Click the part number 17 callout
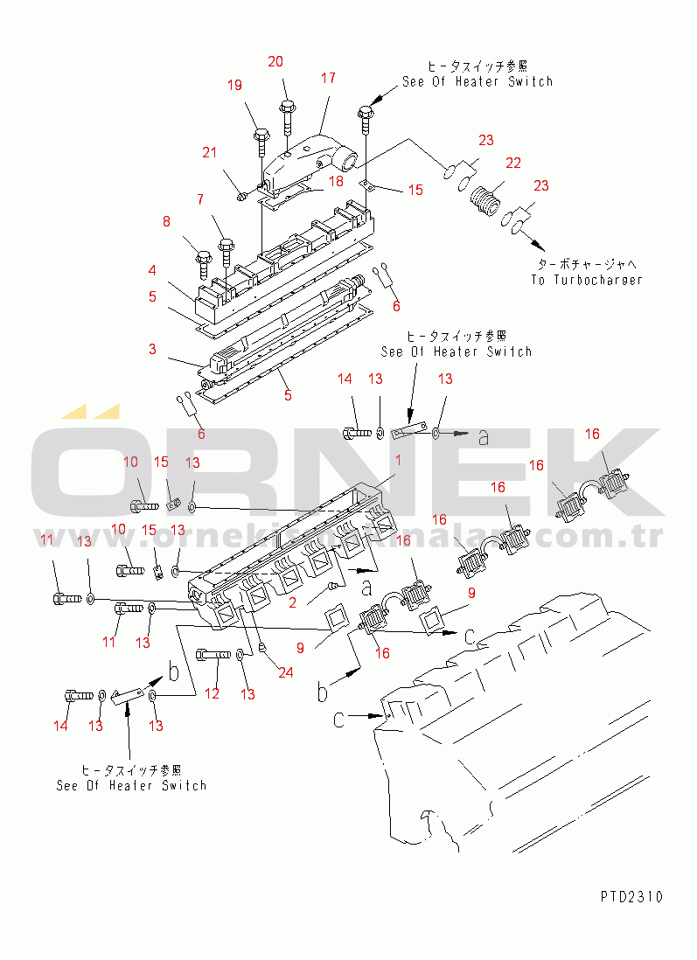pyautogui.click(x=328, y=78)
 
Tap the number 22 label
pyautogui.click(x=513, y=163)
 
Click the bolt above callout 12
pyautogui.click(x=211, y=653)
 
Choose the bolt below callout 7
pyautogui.click(x=226, y=247)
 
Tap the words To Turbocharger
pyautogui.click(x=586, y=280)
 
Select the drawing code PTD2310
pyautogui.click(x=631, y=897)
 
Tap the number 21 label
pyautogui.click(x=209, y=153)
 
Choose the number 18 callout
pyautogui.click(x=335, y=181)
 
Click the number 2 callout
pyautogui.click(x=294, y=602)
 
